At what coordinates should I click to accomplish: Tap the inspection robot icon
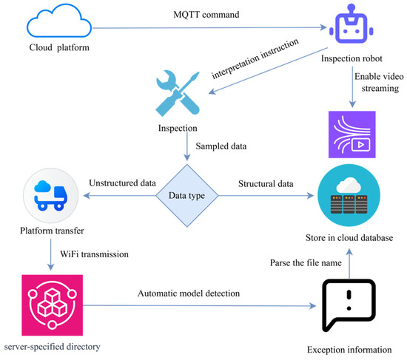point(351,24)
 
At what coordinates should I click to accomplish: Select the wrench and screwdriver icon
point(178,93)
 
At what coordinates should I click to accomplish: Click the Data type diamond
point(187,196)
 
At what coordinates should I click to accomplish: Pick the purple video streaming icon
point(352,135)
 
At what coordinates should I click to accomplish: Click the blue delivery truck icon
point(51,196)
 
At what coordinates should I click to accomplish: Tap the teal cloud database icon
point(349,196)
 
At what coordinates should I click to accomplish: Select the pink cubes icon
point(53,305)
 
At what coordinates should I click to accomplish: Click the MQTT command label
point(206,15)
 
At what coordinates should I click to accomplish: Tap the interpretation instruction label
point(255,58)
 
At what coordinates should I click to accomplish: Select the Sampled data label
point(221,146)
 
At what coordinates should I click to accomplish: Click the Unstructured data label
point(123,183)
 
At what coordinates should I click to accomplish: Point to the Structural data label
point(266,184)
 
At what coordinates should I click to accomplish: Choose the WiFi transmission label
point(94,254)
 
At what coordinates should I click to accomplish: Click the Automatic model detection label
point(189,293)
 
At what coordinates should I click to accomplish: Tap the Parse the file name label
point(306,263)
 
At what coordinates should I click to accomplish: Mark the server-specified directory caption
point(53,347)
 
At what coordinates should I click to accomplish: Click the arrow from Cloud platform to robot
point(209,27)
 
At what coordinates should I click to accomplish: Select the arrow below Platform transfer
point(50,255)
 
